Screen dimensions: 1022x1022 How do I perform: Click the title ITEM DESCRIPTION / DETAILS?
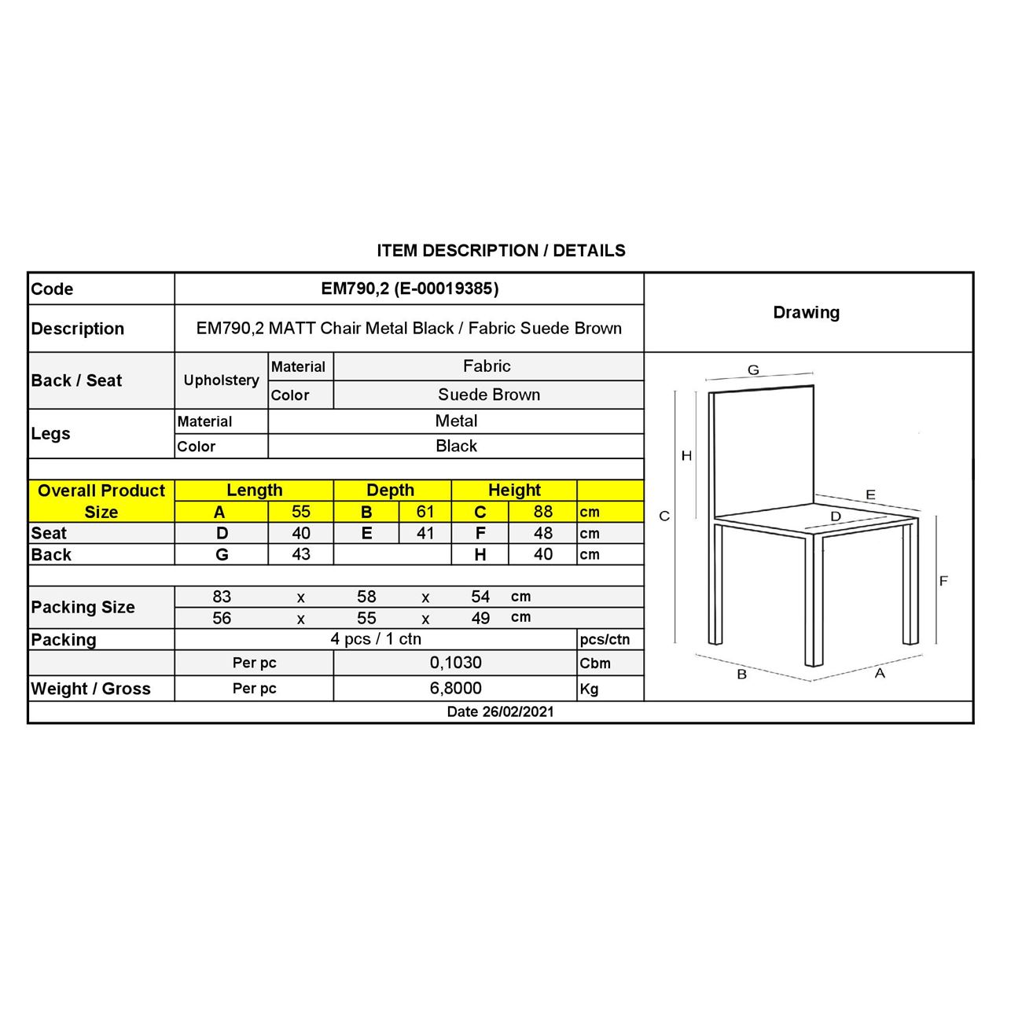[x=501, y=251]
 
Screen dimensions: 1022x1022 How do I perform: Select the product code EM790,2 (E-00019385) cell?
[x=410, y=289]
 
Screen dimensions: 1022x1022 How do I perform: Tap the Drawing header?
[x=806, y=312]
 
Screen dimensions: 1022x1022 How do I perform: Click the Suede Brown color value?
[x=488, y=395]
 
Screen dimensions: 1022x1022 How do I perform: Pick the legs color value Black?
[x=456, y=446]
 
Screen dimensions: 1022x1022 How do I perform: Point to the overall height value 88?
[x=542, y=511]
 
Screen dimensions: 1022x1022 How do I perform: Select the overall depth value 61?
[x=425, y=511]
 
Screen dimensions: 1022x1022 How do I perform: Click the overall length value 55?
[x=300, y=511]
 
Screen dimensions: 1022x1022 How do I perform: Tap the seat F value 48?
[x=542, y=533]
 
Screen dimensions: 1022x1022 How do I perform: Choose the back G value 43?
[x=300, y=554]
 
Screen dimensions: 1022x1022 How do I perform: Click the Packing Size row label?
[x=83, y=607]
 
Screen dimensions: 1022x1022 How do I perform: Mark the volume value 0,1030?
[x=455, y=663]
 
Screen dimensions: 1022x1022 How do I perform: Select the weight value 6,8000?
[x=455, y=688]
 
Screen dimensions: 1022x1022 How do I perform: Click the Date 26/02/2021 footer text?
[x=500, y=711]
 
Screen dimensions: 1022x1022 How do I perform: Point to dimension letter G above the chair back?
[x=753, y=370]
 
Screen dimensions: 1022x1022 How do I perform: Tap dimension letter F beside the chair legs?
[x=943, y=581]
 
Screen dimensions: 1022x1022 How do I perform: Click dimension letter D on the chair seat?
[x=836, y=517]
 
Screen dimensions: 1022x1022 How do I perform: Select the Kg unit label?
[x=589, y=689]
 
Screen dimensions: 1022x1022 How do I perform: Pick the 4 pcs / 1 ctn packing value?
[x=376, y=639]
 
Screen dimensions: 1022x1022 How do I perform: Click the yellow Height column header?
[x=514, y=490]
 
